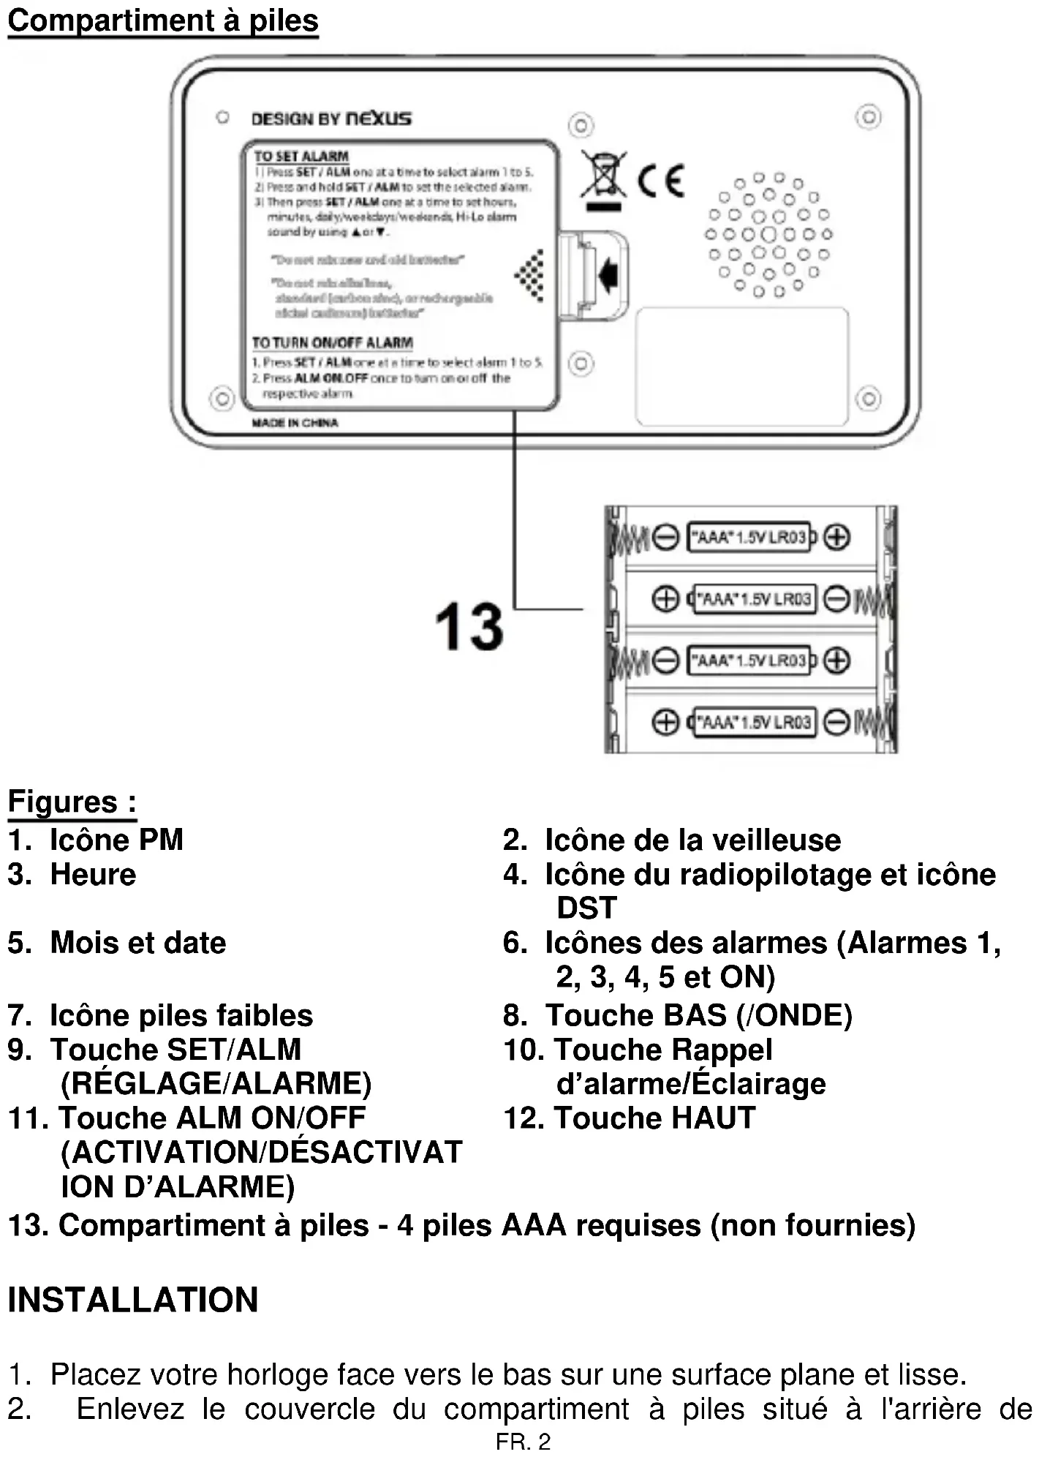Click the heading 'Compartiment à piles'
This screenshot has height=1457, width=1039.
click(x=162, y=20)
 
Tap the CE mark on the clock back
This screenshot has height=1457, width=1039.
click(x=660, y=180)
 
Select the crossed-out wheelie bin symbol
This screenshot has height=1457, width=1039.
click(x=603, y=176)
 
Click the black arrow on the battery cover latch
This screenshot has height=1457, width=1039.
click(x=608, y=274)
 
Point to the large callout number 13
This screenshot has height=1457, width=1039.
click(x=469, y=627)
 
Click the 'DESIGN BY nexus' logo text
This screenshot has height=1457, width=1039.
click(x=330, y=118)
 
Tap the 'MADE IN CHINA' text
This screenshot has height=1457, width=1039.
click(x=295, y=423)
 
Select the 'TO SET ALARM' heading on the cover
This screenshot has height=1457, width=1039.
click(x=301, y=156)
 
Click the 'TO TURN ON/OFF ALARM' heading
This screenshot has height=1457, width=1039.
click(x=332, y=342)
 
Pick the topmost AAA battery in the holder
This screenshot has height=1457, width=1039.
click(x=750, y=538)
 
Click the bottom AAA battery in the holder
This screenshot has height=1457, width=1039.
click(x=753, y=723)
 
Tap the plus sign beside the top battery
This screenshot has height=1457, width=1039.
click(x=837, y=538)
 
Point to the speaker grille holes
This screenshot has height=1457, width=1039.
click(x=768, y=235)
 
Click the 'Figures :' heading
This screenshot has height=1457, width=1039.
click(x=72, y=802)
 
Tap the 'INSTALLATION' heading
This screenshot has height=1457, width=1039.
click(x=132, y=1299)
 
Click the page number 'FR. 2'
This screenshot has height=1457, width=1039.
click(x=523, y=1442)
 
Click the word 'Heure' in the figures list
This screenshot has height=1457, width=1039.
click(x=93, y=874)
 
